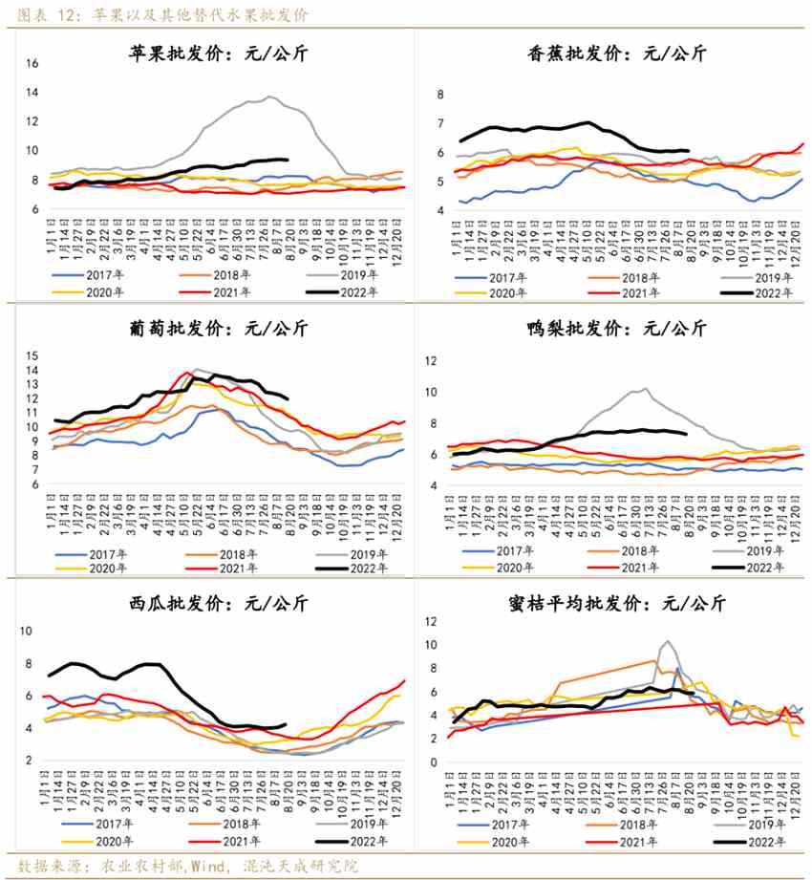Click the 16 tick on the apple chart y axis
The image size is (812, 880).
pos(32,64)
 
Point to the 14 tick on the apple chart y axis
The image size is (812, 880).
pos(32,93)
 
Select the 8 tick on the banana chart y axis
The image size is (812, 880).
pos(441,95)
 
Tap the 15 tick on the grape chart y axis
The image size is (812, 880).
pos(31,355)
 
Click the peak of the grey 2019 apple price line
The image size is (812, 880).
pos(270,97)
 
